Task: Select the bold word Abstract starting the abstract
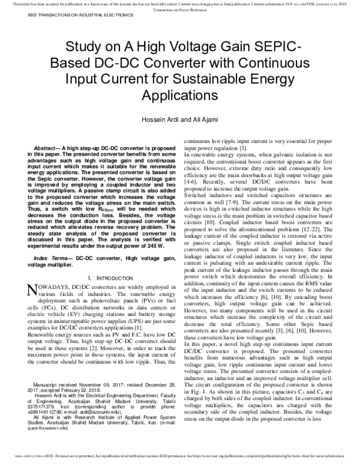point(47,147)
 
